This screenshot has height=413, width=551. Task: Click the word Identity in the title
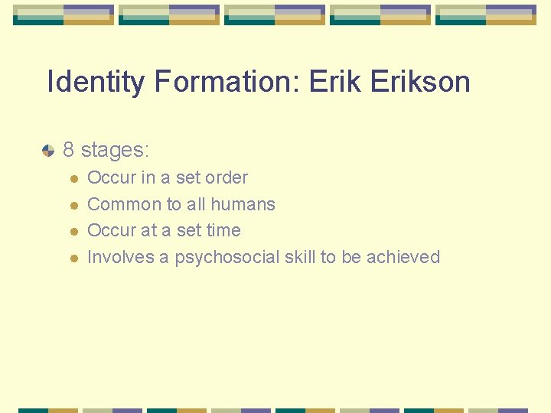coord(95,82)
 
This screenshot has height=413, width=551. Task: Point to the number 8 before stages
coord(69,149)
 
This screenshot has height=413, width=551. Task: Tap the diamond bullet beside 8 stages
coord(48,150)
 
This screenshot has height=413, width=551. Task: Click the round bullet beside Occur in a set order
coord(73,178)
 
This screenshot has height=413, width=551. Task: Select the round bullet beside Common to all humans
coord(73,205)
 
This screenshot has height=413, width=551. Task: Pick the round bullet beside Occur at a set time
coord(73,231)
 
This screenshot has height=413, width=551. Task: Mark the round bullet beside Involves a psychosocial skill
coord(73,258)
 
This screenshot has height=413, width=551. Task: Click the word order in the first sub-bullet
coord(227,177)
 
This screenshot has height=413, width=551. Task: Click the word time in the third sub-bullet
coord(224,230)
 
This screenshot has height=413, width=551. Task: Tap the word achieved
coord(403,257)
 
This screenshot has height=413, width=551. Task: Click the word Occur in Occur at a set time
coord(111,230)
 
